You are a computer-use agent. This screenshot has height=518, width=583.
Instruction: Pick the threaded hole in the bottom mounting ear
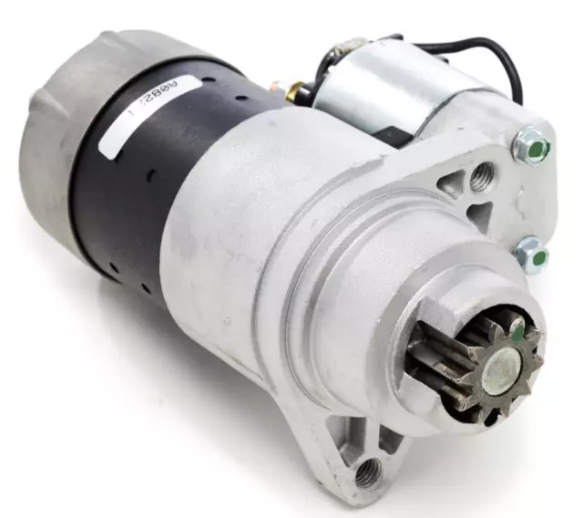click(369, 471)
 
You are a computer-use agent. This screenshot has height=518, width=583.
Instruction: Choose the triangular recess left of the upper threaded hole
click(454, 188)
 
